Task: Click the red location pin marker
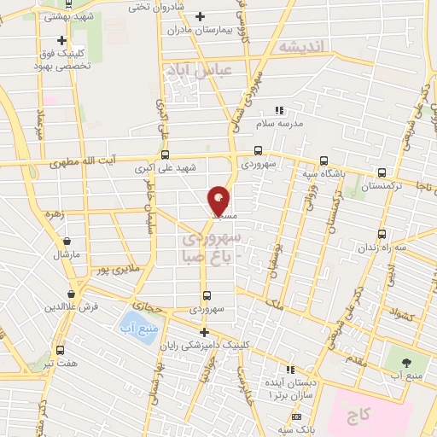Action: pyautogui.click(x=219, y=201)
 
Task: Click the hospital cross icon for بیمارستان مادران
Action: pyautogui.click(x=201, y=16)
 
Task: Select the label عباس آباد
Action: pyautogui.click(x=202, y=73)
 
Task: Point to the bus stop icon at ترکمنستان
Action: pyautogui.click(x=382, y=171)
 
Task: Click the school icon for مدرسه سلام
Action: pyautogui.click(x=278, y=110)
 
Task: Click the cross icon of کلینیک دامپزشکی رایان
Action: pyautogui.click(x=203, y=332)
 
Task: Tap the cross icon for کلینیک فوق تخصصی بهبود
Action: pyautogui.click(x=61, y=40)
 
